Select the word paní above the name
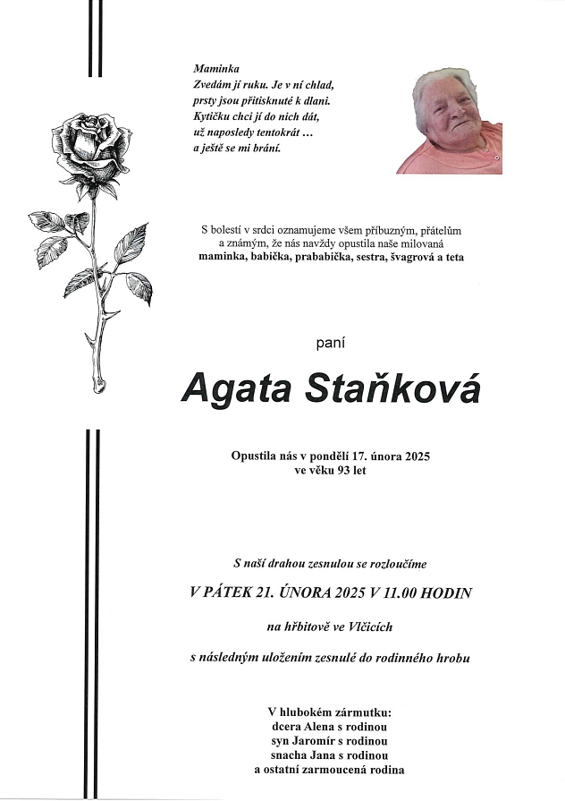331,343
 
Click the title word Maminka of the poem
211,69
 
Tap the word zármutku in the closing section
360,712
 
